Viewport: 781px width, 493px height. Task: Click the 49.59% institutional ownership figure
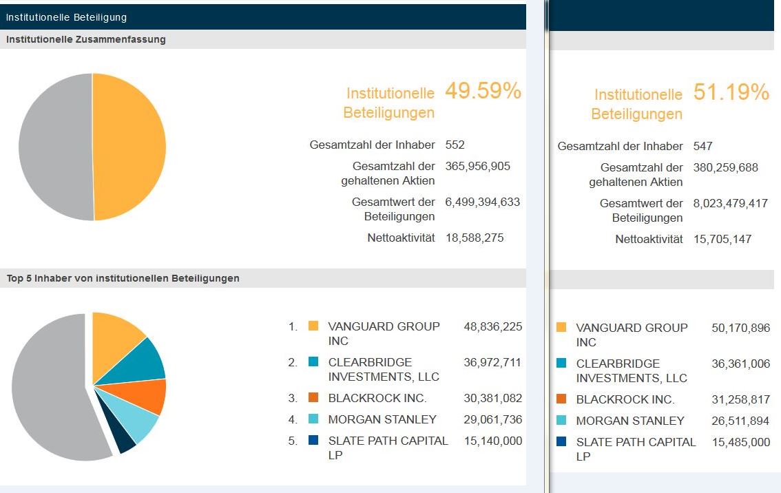(483, 92)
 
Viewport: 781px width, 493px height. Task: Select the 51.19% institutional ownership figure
(731, 93)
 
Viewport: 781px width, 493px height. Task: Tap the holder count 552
(455, 145)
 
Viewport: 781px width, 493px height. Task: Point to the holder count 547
(702, 146)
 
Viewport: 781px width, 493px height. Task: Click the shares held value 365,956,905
(477, 166)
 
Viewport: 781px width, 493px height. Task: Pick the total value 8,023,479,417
(730, 203)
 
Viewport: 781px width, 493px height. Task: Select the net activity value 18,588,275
(474, 238)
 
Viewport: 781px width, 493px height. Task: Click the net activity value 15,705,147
(722, 239)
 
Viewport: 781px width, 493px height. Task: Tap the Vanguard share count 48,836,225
(492, 326)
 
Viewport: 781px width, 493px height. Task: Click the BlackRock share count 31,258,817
(740, 399)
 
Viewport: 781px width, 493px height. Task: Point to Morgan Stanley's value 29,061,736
(492, 419)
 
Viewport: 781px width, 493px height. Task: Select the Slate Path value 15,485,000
(740, 442)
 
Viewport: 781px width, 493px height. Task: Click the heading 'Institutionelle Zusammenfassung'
(86, 39)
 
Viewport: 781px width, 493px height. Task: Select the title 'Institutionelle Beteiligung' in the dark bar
(66, 17)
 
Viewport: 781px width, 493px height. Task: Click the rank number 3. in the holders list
(293, 398)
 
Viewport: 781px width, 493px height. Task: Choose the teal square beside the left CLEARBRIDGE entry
(313, 362)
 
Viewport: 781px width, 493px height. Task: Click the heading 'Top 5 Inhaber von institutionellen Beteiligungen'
(123, 278)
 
